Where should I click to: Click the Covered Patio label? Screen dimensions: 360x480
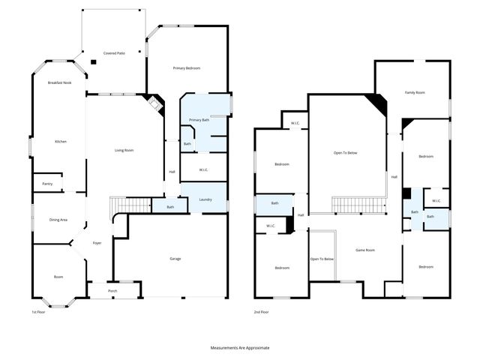[x=114, y=53]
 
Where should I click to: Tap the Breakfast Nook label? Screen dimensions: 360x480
[x=59, y=82]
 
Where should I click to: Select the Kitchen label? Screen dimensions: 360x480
[x=61, y=141]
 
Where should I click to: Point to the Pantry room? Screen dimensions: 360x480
[x=46, y=183]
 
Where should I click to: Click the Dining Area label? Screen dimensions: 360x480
[x=58, y=220]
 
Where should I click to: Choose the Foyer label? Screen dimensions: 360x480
[x=97, y=243]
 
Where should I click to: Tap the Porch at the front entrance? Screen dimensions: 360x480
[x=112, y=290]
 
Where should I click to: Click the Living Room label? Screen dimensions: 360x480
[x=124, y=150]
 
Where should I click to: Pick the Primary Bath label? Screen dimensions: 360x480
[x=199, y=120]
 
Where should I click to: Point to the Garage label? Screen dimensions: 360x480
[x=175, y=259]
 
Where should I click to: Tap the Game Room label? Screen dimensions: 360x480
[x=364, y=250]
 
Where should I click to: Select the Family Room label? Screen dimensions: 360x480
[x=415, y=92]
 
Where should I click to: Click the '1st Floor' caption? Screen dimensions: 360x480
[x=40, y=311]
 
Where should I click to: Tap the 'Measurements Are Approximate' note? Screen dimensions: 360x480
[x=239, y=348]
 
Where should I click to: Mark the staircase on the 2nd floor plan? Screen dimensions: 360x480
[x=358, y=205]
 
